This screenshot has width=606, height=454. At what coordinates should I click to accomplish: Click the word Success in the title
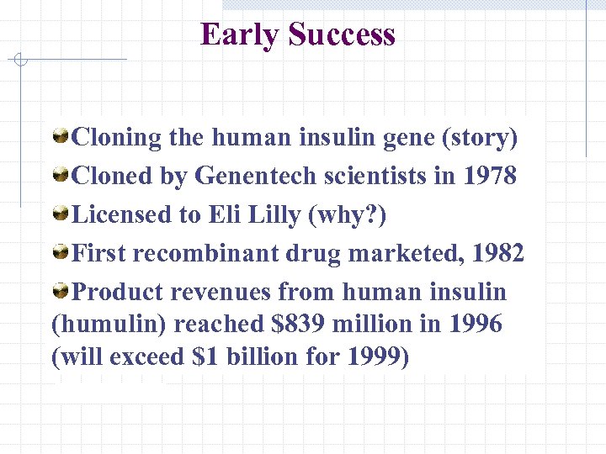coord(341,35)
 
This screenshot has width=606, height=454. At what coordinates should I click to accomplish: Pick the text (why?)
coord(348,214)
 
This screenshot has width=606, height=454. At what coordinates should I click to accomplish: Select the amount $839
coord(335,324)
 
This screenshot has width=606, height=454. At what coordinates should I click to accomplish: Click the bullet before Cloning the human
coord(61,136)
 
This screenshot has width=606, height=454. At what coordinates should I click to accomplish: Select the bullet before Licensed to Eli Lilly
coord(61,214)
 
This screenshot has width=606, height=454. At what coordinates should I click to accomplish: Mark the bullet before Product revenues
coord(61,291)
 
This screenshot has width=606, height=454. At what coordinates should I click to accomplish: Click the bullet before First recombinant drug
coord(61,252)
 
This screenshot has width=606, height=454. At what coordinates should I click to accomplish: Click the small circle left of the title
coord(21,60)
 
